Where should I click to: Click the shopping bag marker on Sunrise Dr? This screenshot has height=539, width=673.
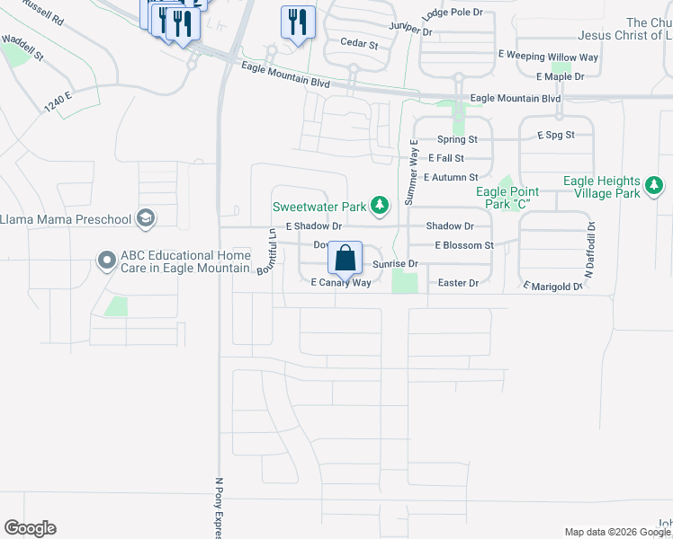(x=345, y=258)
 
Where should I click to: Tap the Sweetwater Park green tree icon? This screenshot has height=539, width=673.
(x=381, y=207)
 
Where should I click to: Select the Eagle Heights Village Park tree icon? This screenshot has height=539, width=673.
(x=655, y=187)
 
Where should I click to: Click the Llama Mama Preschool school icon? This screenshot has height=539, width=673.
(x=144, y=218)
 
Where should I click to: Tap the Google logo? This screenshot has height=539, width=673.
(x=30, y=528)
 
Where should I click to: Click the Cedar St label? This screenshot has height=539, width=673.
(x=359, y=43)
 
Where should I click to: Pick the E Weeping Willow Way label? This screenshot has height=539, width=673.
(x=548, y=57)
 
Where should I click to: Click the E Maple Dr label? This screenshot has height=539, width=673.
(x=560, y=77)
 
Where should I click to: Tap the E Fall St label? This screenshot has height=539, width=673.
(x=446, y=158)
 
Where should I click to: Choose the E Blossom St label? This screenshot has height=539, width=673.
(x=464, y=245)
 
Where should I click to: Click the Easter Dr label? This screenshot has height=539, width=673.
(x=458, y=283)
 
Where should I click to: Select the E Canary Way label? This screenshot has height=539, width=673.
(x=341, y=283)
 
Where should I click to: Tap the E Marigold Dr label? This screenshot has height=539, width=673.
(x=553, y=286)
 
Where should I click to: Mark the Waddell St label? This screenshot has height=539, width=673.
(x=23, y=43)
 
